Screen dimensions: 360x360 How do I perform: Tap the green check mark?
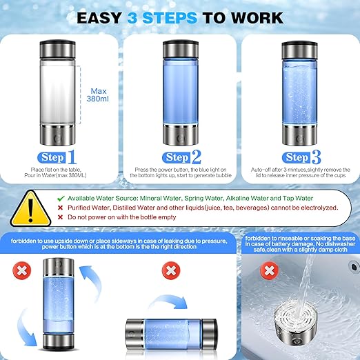pos(62,197)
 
